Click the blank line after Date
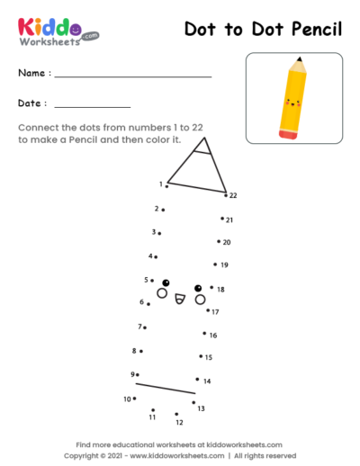tap(93, 107)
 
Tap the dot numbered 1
tap(166, 186)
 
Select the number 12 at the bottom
tap(179, 422)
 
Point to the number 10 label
tap(126, 399)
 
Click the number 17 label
tap(215, 312)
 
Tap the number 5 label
tap(146, 280)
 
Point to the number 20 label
tap(227, 242)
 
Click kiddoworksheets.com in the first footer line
tap(242, 444)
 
